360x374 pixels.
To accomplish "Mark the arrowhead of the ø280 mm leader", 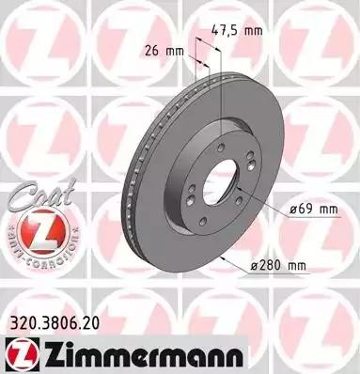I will point(219,255).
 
